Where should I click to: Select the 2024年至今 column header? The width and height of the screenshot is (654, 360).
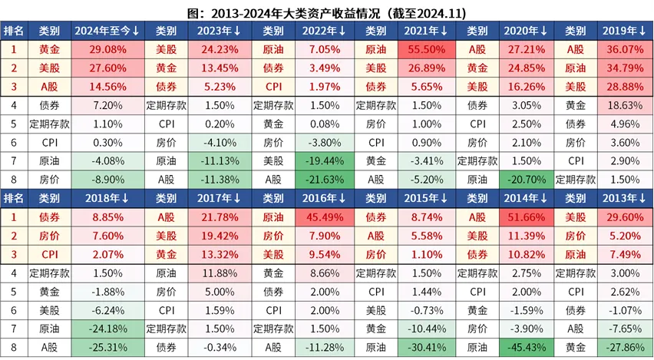[107, 31]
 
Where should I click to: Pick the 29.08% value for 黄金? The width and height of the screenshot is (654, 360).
[107, 48]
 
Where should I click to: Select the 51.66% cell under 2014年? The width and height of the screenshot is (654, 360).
[526, 217]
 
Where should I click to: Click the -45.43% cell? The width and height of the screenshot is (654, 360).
[526, 347]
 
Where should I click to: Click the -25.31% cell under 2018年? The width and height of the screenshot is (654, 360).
[107, 347]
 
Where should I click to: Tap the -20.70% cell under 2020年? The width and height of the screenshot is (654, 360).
[526, 179]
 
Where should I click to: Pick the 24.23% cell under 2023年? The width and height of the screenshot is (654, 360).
[214, 48]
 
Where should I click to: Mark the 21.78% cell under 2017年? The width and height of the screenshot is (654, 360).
[214, 217]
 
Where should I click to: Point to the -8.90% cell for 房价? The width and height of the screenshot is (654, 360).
[107, 179]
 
